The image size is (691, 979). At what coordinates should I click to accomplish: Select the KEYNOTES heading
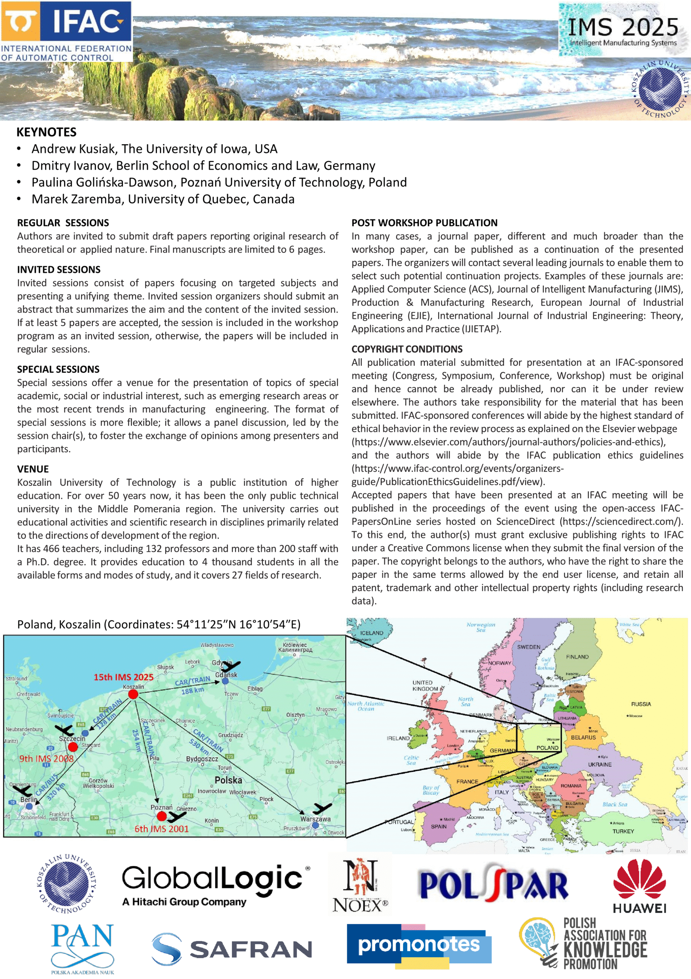(x=47, y=132)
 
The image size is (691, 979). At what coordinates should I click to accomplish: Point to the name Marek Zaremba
(x=76, y=199)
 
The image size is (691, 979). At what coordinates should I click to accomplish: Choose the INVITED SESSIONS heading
(x=59, y=270)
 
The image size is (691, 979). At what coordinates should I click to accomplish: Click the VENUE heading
(x=33, y=469)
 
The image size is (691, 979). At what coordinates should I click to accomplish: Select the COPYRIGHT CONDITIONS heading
(x=406, y=349)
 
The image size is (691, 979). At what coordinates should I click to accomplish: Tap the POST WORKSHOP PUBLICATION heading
(x=424, y=223)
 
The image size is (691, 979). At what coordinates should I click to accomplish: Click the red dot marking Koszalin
(x=133, y=694)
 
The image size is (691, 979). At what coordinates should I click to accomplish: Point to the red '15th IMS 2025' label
(x=123, y=677)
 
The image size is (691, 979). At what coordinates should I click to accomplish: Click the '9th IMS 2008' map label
(x=47, y=759)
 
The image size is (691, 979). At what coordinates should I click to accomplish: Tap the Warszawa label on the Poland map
(x=315, y=819)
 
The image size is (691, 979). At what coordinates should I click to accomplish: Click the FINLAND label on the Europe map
(x=577, y=657)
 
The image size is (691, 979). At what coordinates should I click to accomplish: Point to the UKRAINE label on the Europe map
(x=599, y=764)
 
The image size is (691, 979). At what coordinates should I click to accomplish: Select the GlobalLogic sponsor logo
(x=215, y=886)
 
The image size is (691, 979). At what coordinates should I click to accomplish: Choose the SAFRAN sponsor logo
(x=232, y=950)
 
